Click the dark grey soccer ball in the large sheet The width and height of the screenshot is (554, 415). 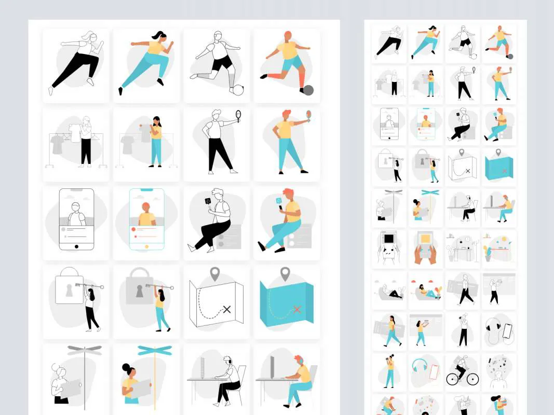click(308, 90)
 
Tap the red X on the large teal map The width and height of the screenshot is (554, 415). click(297, 309)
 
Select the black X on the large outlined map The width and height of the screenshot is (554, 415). click(226, 310)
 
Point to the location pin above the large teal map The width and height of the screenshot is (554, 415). click(285, 273)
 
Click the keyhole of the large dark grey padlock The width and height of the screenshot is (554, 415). click(139, 293)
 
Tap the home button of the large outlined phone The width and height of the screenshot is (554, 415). click(76, 246)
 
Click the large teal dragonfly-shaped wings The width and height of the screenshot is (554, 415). click(154, 351)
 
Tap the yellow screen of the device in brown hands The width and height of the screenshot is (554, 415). click(425, 239)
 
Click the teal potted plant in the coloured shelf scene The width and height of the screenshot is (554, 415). click(488, 253)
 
